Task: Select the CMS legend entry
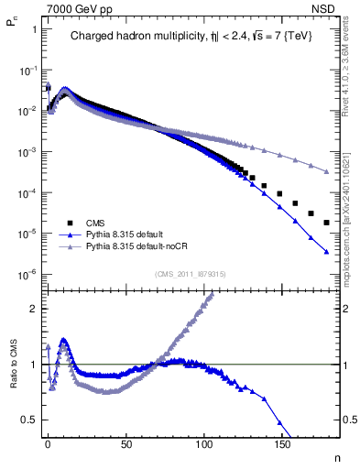94,223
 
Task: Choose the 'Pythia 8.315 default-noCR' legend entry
134,246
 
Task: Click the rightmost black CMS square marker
326,223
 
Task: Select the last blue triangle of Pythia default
326,252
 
